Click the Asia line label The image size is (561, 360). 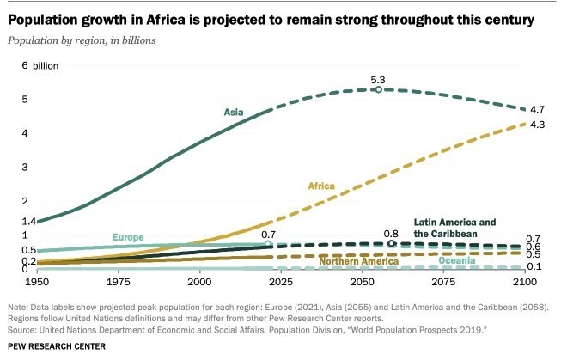[233, 112]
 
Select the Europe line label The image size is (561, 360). [127, 237]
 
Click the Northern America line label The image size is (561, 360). [354, 260]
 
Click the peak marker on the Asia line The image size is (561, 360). [378, 88]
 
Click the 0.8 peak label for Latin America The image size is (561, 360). [392, 233]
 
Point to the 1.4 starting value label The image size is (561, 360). [17, 221]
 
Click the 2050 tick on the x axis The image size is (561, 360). [362, 282]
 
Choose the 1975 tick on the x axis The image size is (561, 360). [119, 282]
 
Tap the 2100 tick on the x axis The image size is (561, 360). [524, 282]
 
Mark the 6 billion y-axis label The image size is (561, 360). [29, 65]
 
